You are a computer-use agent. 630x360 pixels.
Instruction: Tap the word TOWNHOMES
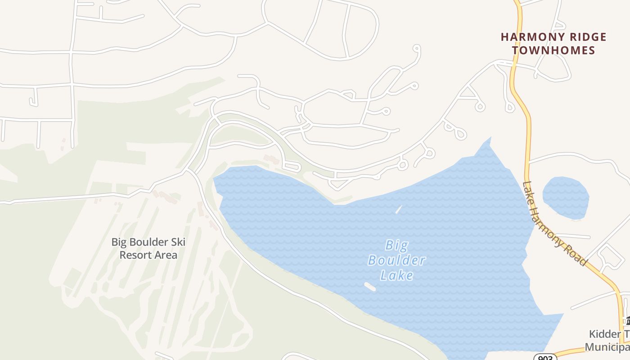[x=553, y=50]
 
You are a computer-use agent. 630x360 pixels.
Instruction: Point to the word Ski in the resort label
[x=178, y=242]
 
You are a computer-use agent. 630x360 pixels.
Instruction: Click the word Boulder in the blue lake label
[x=396, y=260]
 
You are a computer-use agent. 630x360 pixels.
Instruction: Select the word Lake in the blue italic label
[x=396, y=274]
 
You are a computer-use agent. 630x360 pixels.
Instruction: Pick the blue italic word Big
[x=396, y=246]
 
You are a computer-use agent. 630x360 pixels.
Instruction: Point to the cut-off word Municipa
[x=607, y=347]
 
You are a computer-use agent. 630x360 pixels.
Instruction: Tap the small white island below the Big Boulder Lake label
[x=369, y=287]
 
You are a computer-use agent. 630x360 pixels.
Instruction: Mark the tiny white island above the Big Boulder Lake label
[x=398, y=209]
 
